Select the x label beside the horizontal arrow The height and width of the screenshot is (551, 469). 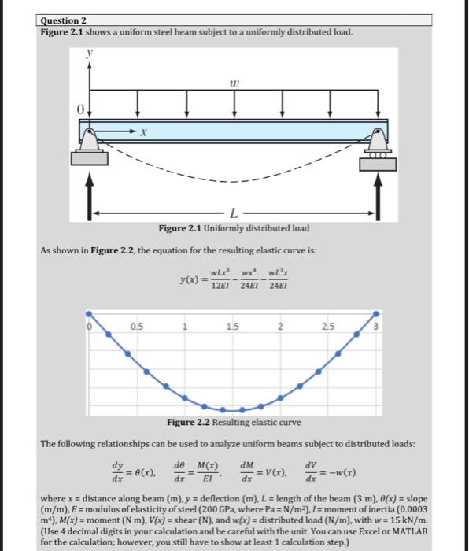pyautogui.click(x=144, y=135)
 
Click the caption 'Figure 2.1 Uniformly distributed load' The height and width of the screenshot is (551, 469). pyautogui.click(x=234, y=229)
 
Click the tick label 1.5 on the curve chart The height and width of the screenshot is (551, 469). pyautogui.click(x=231, y=326)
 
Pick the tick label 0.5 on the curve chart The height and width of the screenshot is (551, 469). pyautogui.click(x=137, y=326)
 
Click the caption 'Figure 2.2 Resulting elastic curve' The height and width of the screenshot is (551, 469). pyautogui.click(x=234, y=423)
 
